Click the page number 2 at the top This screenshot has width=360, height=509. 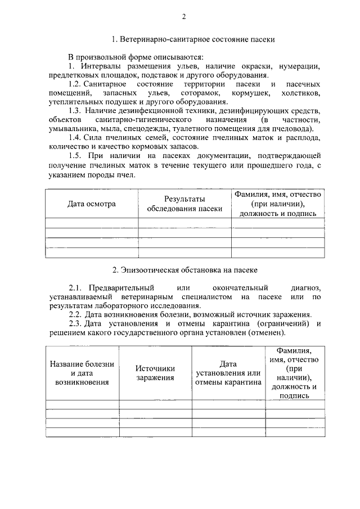click(x=183, y=16)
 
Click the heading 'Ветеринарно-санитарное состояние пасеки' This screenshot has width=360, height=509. click(x=193, y=40)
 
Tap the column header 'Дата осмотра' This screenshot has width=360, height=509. click(x=92, y=204)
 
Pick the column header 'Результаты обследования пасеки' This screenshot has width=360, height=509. click(x=184, y=204)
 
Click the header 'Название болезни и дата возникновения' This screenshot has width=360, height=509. click(x=82, y=372)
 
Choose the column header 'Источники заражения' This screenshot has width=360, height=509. click(x=155, y=372)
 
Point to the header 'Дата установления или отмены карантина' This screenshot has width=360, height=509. click(x=228, y=372)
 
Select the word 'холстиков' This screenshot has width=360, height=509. click(x=301, y=92)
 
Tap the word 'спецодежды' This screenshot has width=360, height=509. click(x=151, y=129)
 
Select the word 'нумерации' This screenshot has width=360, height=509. click(x=301, y=66)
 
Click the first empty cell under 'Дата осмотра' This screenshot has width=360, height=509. click(x=92, y=223)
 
